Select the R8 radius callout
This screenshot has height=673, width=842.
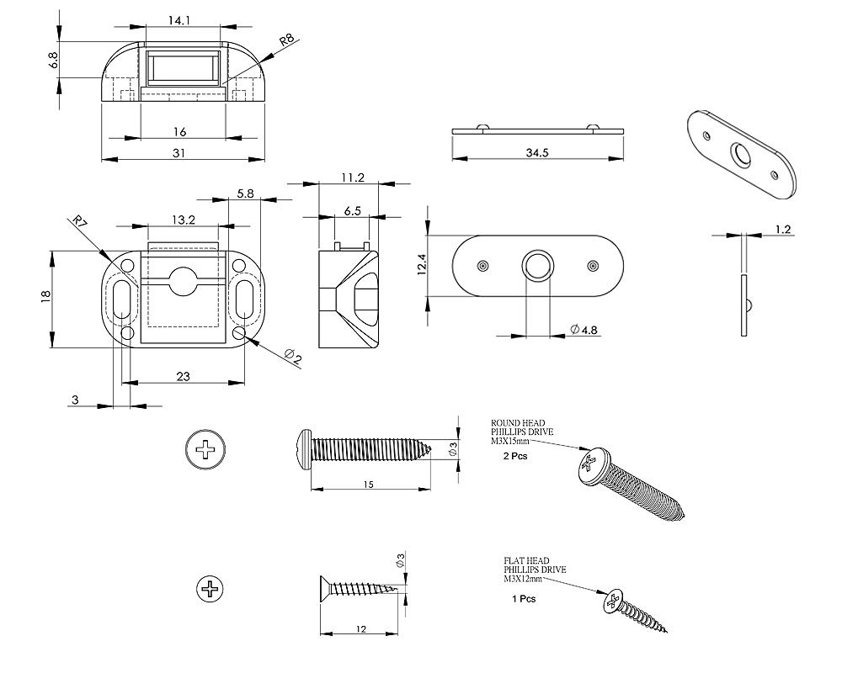(287, 40)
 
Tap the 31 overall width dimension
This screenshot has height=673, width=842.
(179, 152)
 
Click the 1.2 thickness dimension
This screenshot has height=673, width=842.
(782, 229)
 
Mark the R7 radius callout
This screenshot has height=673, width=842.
(80, 225)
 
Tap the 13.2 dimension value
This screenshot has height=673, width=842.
(183, 220)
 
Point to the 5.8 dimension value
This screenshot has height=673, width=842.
(245, 193)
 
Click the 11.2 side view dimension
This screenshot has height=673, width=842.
(353, 177)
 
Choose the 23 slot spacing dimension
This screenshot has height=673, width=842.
(183, 377)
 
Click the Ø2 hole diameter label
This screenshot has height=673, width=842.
(292, 358)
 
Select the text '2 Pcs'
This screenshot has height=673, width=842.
(514, 456)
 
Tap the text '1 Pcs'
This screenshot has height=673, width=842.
(524, 599)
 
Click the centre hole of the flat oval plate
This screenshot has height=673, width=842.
(537, 266)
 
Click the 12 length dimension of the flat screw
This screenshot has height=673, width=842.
(361, 628)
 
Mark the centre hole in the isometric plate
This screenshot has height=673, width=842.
(741, 154)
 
